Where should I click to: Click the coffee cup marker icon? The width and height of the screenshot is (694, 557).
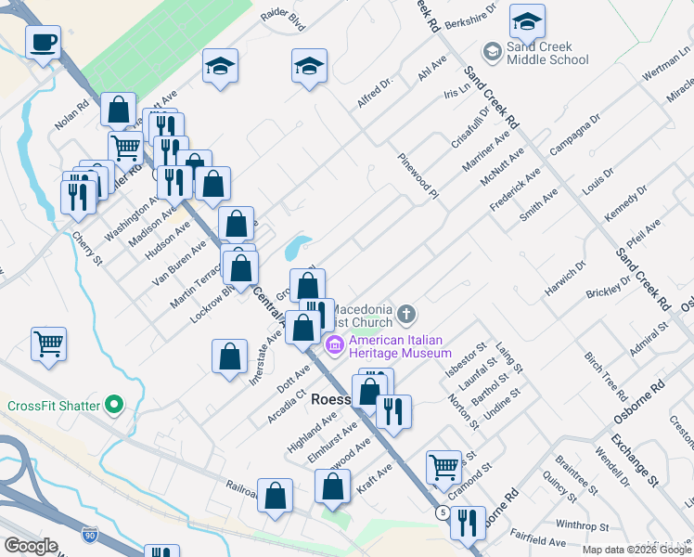(x=45, y=42)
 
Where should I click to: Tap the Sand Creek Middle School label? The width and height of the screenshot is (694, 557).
(x=547, y=54)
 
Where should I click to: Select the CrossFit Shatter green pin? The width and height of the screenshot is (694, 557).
(x=114, y=405)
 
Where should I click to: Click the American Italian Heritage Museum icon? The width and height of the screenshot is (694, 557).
(x=335, y=346)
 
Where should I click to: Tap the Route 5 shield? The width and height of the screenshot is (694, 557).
(x=443, y=512)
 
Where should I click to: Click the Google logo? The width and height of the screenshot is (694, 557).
(x=31, y=546)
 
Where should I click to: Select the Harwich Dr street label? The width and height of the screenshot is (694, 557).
(x=566, y=278)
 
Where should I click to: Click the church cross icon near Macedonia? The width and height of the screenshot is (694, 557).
(x=405, y=316)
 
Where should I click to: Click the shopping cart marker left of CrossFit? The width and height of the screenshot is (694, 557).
(x=48, y=343)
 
